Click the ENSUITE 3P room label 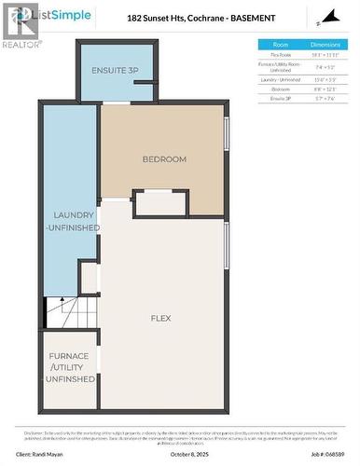coord(114,71)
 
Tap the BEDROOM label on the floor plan coord(164,159)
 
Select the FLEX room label coord(160,318)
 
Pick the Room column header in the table coord(281,44)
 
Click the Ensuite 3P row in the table coord(281,98)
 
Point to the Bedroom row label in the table coord(281,89)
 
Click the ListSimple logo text coord(48,15)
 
